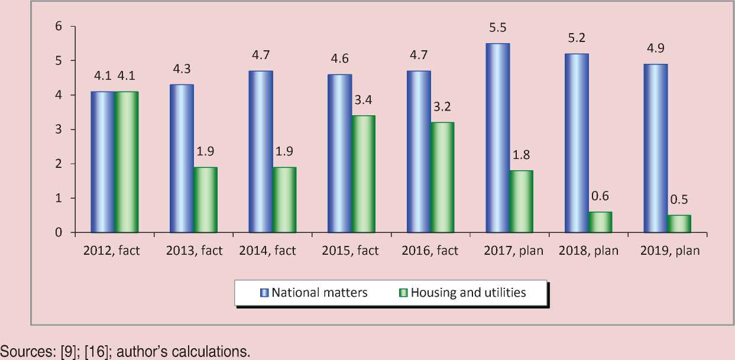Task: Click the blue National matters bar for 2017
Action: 497,138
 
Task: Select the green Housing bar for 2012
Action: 126,162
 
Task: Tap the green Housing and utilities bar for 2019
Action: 679,223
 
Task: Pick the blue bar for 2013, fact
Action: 182,158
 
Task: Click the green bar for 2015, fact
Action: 363,174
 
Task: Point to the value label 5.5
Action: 498,28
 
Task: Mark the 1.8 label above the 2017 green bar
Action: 521,156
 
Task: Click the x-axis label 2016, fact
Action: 430,251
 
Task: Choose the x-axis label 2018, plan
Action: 588,251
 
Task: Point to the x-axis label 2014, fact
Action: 268,251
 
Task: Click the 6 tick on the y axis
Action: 59,26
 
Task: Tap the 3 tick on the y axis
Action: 59,129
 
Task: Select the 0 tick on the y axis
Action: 59,232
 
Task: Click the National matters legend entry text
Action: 319,293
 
